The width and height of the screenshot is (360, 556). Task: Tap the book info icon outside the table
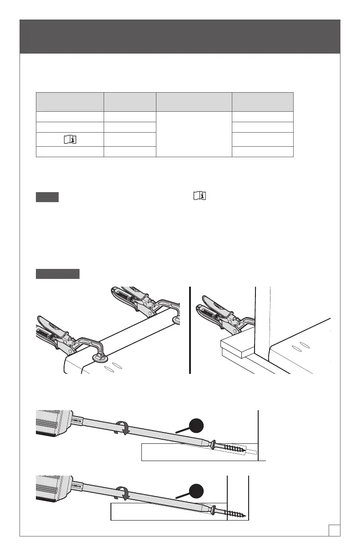tap(199, 196)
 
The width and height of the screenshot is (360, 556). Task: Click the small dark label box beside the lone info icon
tap(47, 198)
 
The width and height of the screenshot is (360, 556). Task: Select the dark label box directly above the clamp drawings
tap(58, 273)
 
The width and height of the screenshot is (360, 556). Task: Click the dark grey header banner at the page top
tap(180, 36)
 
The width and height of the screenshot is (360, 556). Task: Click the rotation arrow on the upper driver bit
tap(122, 429)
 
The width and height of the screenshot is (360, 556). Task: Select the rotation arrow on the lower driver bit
tap(122, 494)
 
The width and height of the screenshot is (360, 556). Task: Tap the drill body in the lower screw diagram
tap(52, 488)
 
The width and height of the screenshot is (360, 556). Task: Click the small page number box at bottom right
tap(335, 529)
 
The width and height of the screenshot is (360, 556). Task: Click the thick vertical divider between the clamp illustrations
tap(190, 329)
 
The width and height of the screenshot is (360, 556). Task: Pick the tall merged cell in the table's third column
tap(194, 134)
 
